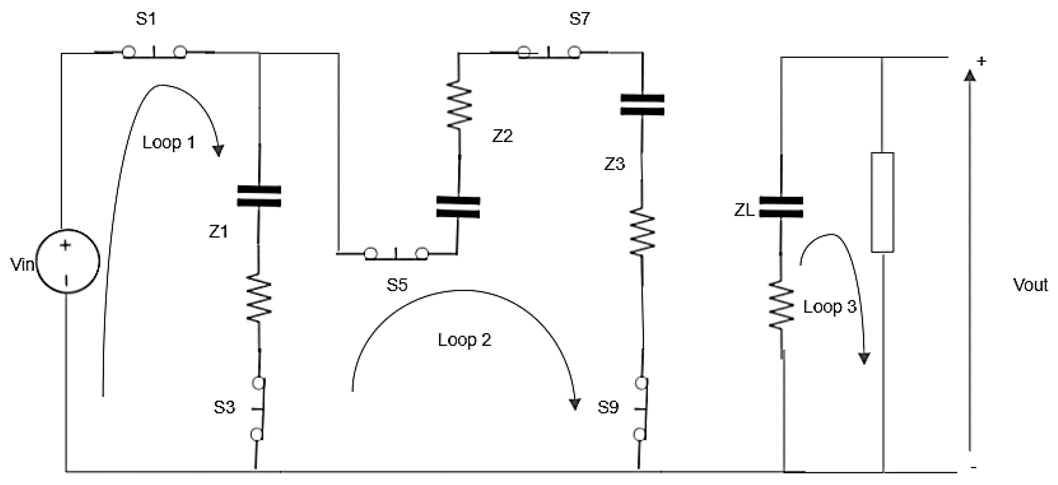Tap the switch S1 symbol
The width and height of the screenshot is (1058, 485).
click(154, 52)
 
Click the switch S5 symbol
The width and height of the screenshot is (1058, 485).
click(396, 254)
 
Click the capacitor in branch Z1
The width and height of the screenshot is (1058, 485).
click(259, 196)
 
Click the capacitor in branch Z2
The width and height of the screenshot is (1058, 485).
click(458, 207)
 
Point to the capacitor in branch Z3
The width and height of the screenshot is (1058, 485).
click(642, 105)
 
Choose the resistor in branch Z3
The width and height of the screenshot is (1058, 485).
click(642, 231)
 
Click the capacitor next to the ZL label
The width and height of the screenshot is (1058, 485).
click(781, 207)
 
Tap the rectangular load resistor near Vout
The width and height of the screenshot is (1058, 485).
click(882, 202)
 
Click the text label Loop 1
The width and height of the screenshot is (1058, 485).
click(169, 143)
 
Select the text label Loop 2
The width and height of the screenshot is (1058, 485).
click(465, 340)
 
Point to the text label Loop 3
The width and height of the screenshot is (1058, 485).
click(829, 307)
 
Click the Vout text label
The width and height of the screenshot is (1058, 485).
click(1030, 285)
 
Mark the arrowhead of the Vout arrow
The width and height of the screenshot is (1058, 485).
click(970, 76)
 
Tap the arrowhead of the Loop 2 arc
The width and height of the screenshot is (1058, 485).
click(574, 404)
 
